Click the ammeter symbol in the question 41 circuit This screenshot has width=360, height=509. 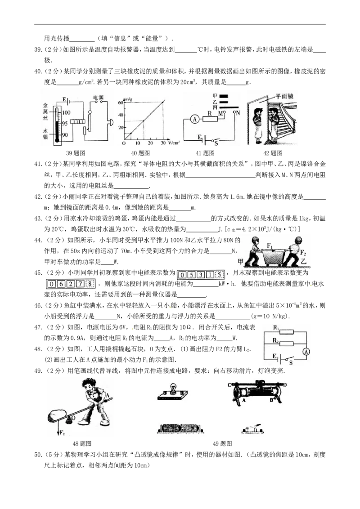point(194,119)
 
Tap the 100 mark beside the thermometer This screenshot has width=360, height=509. point(66,112)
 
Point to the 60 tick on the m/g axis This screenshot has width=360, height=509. point(121,103)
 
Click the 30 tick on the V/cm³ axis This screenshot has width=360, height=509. point(163,143)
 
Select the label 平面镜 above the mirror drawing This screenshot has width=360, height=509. point(284,96)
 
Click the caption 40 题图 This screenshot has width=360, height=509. point(140,153)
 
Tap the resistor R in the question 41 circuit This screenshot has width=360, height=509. point(210,119)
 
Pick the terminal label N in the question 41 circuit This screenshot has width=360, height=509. point(238,113)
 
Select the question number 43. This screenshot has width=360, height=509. point(38,219)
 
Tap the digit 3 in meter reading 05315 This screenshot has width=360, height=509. point(200,275)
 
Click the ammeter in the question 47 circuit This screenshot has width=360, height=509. point(306,352)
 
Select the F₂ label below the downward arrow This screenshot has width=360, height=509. point(62,433)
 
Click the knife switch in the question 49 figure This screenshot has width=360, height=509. point(252,429)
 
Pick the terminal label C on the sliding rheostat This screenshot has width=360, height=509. point(229,385)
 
